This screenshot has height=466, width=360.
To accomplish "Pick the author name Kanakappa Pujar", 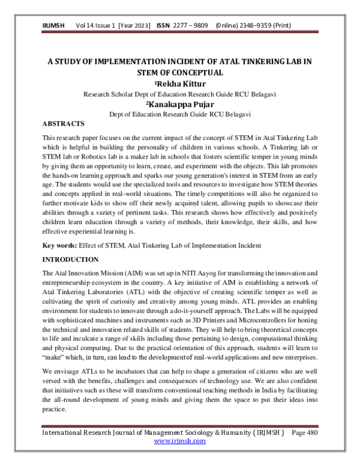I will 181,103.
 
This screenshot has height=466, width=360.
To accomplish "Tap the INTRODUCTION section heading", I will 70,259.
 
